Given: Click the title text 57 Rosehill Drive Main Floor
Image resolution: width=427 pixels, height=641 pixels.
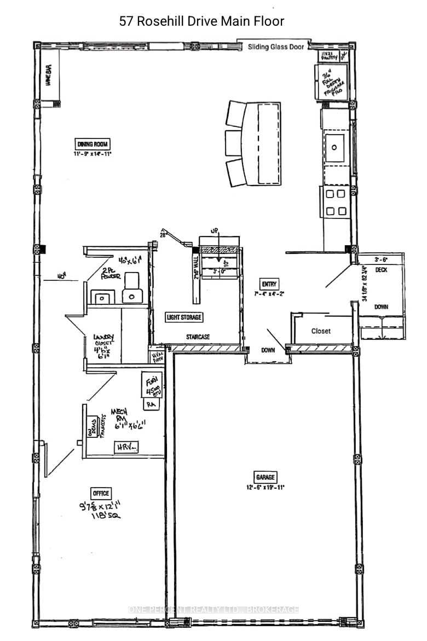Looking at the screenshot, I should [x=202, y=21].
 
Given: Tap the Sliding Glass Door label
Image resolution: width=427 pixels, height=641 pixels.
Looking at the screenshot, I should [x=275, y=47].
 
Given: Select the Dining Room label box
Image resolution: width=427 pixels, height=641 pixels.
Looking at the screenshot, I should [x=93, y=144].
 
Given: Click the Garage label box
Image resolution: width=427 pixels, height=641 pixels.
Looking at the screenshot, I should [x=265, y=476].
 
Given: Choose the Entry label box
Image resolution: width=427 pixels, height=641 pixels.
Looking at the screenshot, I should [x=269, y=284].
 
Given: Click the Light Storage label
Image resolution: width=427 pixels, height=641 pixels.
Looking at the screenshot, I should [x=184, y=317].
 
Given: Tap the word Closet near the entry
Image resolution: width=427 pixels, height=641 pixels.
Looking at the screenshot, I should [x=321, y=331].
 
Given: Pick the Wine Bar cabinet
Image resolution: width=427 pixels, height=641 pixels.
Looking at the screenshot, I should [x=49, y=81].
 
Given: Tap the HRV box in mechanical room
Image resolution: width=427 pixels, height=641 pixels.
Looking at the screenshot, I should [x=126, y=448].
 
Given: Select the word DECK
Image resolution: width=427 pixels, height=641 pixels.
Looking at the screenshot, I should [x=381, y=270].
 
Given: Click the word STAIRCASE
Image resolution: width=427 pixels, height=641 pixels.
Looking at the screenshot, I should [x=197, y=337].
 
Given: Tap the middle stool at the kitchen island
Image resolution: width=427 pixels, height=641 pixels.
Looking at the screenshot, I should [x=234, y=143].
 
